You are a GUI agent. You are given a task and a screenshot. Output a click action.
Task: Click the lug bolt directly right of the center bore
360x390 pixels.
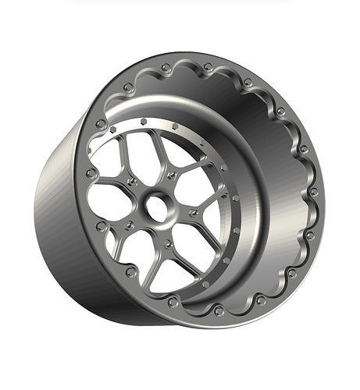[192, 212]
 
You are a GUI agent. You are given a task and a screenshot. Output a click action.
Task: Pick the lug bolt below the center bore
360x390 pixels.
[167, 244]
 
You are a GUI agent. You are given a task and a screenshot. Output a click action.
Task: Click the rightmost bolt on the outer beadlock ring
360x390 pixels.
[313, 191]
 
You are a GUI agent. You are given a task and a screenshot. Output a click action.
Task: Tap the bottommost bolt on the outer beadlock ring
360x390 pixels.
[219, 310]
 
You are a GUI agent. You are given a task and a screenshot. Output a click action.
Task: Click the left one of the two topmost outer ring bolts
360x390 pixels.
[166, 69]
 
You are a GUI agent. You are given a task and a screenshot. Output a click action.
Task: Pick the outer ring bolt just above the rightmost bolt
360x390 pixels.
[303, 148]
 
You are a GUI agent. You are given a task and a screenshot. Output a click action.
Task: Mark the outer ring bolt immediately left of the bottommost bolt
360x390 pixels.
[173, 301]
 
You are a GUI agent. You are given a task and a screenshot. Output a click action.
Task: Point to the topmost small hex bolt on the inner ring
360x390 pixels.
[144, 122]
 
